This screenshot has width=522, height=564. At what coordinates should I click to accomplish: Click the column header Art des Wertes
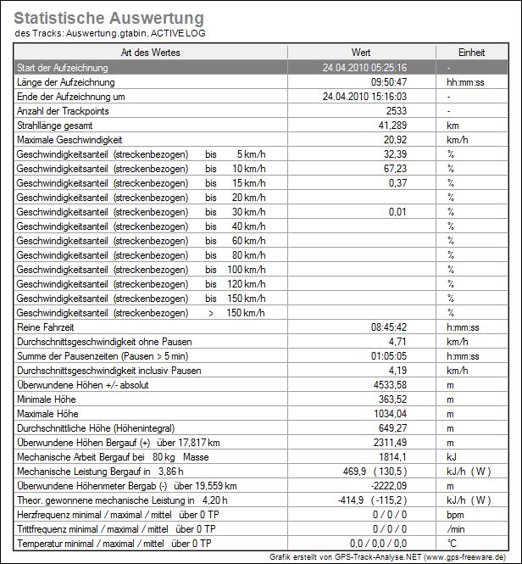coord(150,53)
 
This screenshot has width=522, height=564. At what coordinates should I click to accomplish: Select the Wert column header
coord(359,53)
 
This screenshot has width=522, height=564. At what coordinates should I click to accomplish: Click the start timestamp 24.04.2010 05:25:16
coord(365,68)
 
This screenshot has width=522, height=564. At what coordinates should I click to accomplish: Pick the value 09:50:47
coord(389,82)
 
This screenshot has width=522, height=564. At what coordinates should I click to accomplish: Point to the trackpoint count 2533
coord(396,111)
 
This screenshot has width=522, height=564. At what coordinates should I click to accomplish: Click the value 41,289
coord(392,126)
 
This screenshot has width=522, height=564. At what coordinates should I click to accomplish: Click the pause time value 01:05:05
coord(389,355)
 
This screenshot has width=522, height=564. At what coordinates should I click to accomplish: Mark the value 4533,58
coord(390,384)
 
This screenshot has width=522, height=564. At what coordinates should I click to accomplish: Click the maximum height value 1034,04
coord(390,413)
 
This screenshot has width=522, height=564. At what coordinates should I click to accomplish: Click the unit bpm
coord(456,514)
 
